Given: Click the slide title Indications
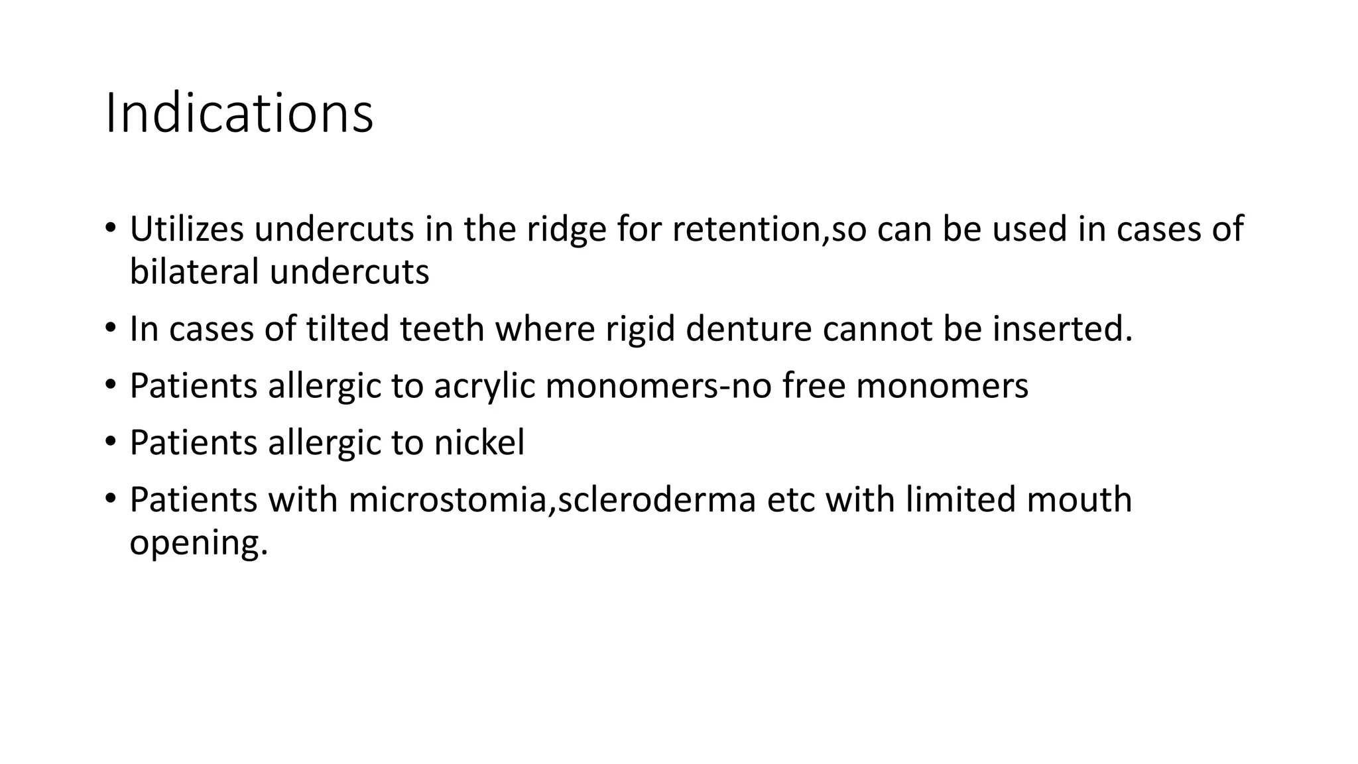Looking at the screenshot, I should [239, 113].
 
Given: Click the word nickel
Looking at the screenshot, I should [479, 442].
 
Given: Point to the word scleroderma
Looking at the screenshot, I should [656, 499].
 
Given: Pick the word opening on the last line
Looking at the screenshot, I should [198, 543].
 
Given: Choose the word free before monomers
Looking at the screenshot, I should [814, 385].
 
